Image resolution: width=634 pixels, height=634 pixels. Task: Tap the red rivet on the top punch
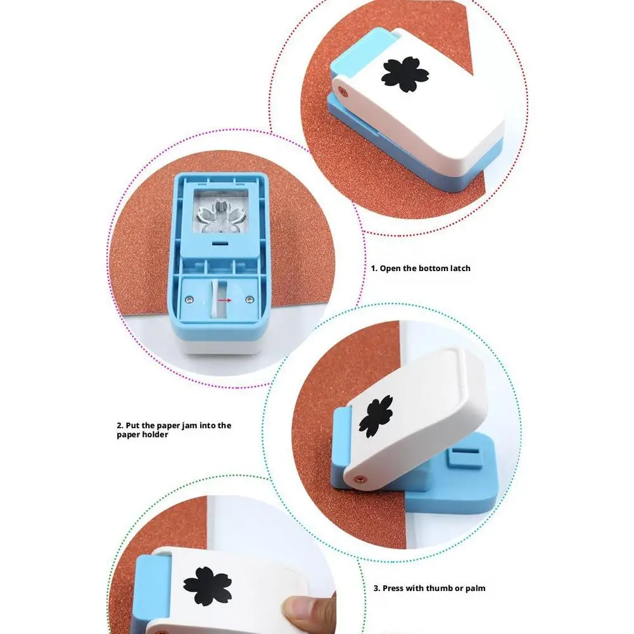[x=342, y=91]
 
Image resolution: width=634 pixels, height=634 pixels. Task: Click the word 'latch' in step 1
[x=458, y=268]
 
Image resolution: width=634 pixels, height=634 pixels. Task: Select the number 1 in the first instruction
[x=374, y=268]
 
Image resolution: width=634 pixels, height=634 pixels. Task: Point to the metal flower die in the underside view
[x=217, y=215]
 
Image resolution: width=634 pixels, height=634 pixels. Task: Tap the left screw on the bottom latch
[x=188, y=297]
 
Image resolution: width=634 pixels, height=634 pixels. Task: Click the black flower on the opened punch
[x=375, y=416]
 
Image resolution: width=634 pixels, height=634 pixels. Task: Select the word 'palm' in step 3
[x=474, y=588]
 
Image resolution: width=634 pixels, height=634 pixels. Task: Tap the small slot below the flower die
[x=220, y=243]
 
